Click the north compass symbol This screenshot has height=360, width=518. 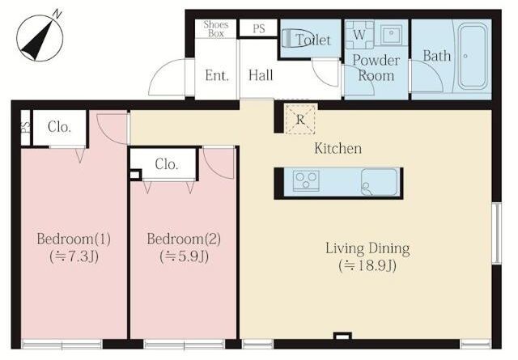(40, 37)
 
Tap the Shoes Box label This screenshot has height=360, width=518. (216, 29)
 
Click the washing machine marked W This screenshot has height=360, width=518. (359, 34)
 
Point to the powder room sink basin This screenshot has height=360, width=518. (392, 34)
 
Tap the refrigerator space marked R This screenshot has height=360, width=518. (300, 119)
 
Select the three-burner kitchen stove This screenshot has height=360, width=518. (306, 180)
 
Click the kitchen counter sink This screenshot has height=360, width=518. (380, 182)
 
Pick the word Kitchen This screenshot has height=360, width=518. (338, 148)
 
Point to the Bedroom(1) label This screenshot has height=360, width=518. (74, 239)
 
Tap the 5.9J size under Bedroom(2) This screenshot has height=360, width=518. (184, 256)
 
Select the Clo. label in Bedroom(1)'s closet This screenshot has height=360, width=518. (59, 127)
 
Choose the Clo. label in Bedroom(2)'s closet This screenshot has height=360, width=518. (167, 164)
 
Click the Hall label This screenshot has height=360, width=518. (261, 75)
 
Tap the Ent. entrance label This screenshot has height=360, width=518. (217, 75)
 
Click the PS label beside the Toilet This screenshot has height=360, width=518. (259, 28)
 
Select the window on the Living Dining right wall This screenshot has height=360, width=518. (496, 233)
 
